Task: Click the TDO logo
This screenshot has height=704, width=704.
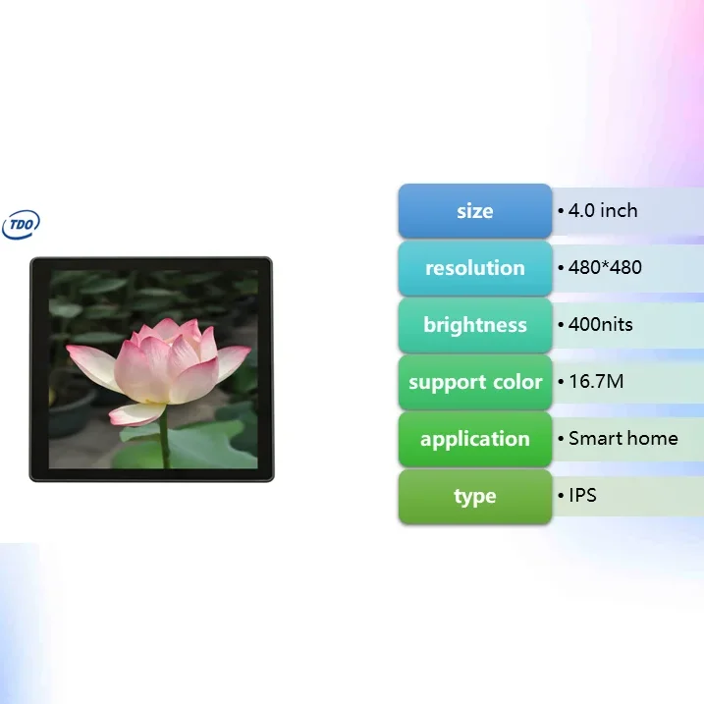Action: [x=21, y=225]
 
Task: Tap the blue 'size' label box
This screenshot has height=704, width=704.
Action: [x=475, y=211]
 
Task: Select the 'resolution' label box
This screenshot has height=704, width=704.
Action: [x=475, y=268]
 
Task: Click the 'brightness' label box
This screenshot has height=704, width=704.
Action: [x=475, y=325]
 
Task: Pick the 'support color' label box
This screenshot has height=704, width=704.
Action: [x=475, y=382]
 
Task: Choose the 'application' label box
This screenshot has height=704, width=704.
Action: [x=475, y=439]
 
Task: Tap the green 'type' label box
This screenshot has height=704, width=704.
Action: [x=475, y=496]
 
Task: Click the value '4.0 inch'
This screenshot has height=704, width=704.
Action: [x=603, y=210]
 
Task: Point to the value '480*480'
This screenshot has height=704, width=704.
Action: [x=605, y=267]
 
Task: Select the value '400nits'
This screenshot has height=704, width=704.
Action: [x=601, y=324]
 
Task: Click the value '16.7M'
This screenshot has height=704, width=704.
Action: [x=596, y=381]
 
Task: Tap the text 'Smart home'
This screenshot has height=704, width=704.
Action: [x=623, y=438]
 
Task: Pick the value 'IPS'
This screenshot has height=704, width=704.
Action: [x=583, y=495]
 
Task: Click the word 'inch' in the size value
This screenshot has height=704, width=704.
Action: [x=620, y=210]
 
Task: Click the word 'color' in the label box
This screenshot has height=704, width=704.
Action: [x=516, y=382]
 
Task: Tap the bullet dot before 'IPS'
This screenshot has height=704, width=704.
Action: [x=561, y=496]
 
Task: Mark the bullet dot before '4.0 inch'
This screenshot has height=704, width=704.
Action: [x=561, y=211]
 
